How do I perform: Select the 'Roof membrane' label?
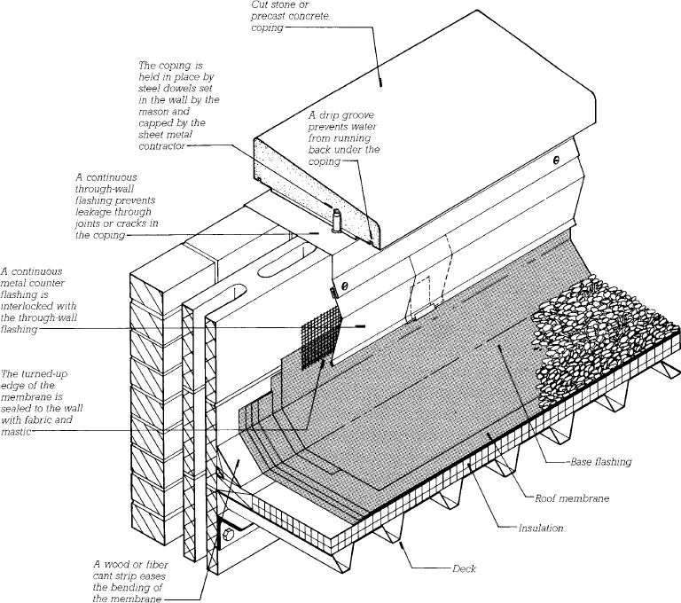[x=576, y=498]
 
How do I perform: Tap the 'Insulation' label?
[x=540, y=529]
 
